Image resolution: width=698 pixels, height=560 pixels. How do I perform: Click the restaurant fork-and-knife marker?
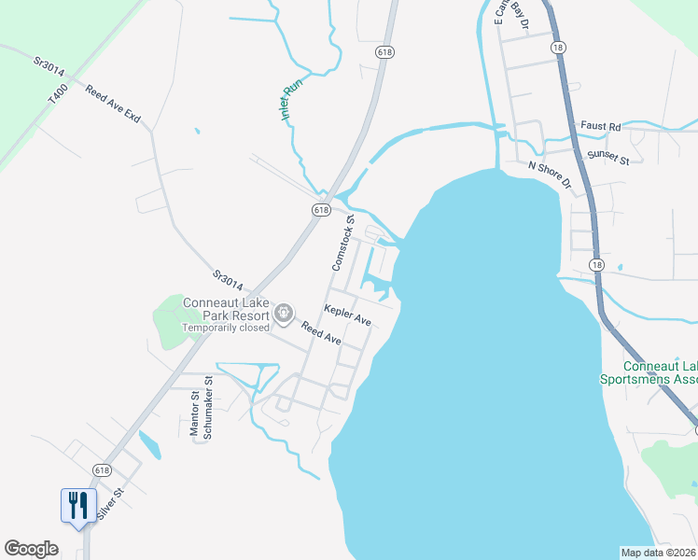(77, 506)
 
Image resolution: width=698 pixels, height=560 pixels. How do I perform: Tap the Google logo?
(31, 549)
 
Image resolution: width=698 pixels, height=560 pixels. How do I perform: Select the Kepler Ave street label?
(347, 315)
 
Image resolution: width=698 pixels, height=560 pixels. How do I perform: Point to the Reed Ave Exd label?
(112, 105)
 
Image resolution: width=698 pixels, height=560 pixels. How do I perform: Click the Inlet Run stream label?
(292, 99)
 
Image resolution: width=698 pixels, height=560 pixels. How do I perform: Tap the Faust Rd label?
(600, 126)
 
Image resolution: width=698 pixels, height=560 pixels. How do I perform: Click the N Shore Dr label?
(550, 174)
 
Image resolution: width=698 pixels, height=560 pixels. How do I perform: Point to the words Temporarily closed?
(225, 328)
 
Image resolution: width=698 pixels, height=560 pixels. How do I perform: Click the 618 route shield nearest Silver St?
(102, 469)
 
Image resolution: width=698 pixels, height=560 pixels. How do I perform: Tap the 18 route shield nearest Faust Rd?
(558, 47)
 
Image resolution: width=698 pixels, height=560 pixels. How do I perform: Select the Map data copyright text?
(659, 553)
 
